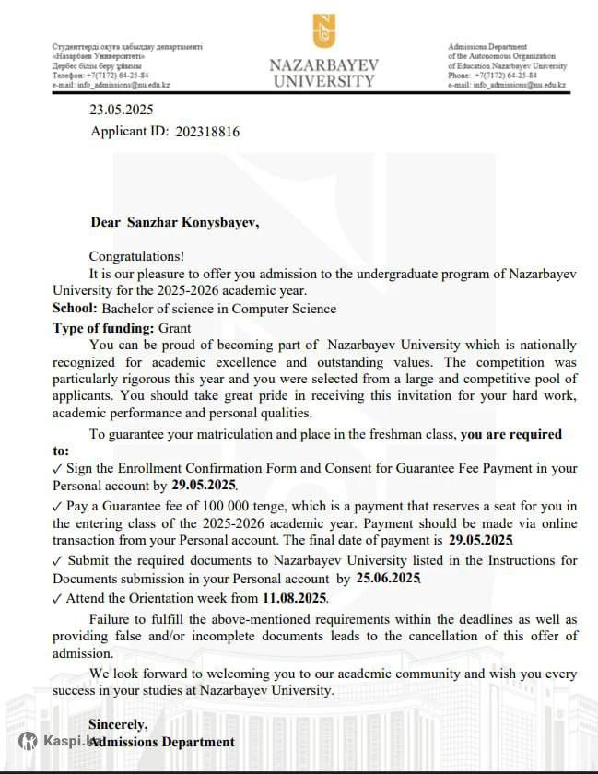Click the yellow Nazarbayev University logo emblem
coord(324,30)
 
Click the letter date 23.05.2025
coord(121,110)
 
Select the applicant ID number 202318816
coord(207,132)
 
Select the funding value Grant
coord(174,327)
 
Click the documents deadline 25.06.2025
coord(387,579)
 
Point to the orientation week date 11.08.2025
coord(295,598)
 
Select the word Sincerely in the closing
coord(117,723)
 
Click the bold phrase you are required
coord(510,434)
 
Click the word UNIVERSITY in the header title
coord(324,80)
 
